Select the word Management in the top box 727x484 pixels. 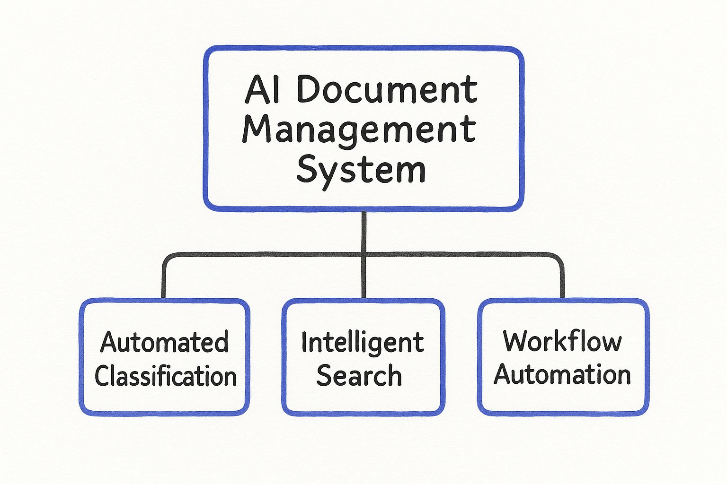tap(359, 130)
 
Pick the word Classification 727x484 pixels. tap(166, 376)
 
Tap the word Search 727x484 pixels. tap(359, 376)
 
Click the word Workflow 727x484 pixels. tap(562, 341)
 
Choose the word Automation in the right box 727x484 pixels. tap(562, 374)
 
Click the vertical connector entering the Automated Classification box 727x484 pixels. tap(164, 281)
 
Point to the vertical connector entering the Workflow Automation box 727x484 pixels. tap(562, 281)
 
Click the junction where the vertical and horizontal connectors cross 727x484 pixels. tap(363, 254)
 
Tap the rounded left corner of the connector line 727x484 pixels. tap(167, 258)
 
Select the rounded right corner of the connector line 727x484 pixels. tap(559, 258)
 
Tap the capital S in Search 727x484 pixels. tap(325, 376)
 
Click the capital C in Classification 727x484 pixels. tap(102, 376)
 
